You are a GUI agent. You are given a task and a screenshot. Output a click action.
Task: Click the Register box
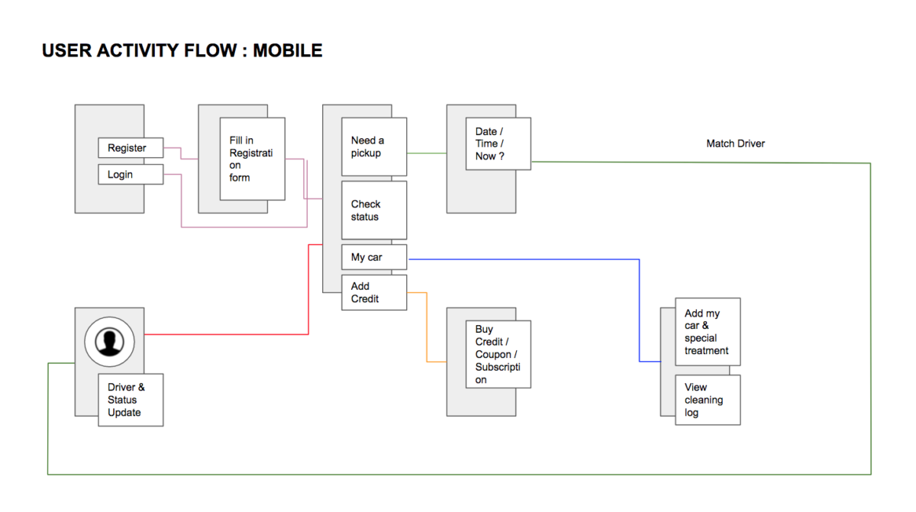[131, 148]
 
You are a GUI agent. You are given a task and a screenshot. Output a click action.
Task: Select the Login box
[131, 175]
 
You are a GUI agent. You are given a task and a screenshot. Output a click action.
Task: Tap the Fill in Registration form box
[252, 159]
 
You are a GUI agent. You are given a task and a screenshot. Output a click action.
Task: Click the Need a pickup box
[373, 147]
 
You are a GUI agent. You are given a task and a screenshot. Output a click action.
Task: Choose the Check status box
[373, 210]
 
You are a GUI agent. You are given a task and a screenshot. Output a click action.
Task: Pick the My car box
[373, 257]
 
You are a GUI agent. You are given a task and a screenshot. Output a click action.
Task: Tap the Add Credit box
[373, 292]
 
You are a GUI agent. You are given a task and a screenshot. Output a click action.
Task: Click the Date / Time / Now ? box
[498, 143]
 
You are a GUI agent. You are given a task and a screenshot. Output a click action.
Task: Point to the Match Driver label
[735, 143]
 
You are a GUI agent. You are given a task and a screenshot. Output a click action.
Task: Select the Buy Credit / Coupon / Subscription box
[498, 354]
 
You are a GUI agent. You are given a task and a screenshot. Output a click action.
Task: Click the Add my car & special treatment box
[707, 332]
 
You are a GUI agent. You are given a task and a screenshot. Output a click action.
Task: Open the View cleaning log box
[707, 400]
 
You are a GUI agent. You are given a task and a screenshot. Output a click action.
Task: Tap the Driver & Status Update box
[130, 400]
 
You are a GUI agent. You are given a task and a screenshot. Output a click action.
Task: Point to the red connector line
[229, 334]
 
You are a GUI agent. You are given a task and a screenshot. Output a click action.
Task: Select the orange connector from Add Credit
[427, 328]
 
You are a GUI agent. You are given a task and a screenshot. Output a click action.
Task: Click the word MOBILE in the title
[288, 51]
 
